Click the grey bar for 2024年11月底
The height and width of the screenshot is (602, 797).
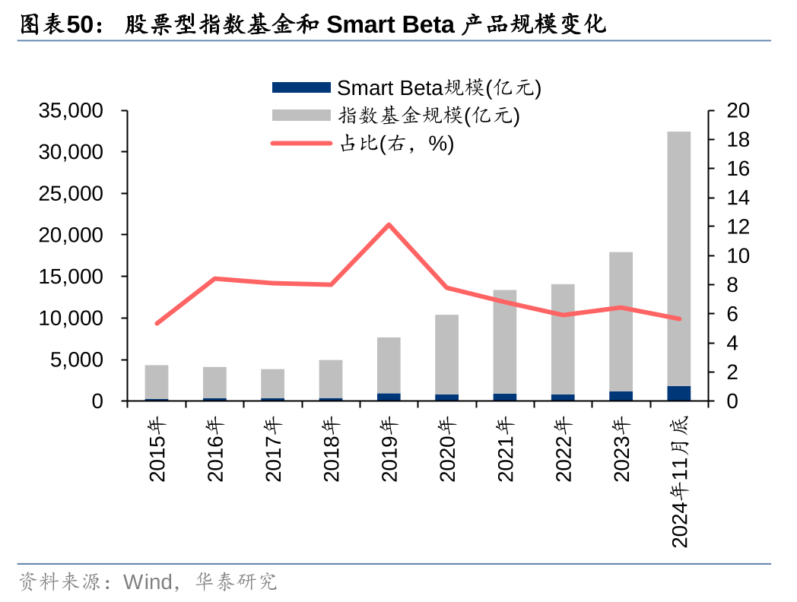tap(679, 258)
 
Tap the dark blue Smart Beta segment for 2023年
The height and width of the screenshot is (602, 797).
tap(621, 396)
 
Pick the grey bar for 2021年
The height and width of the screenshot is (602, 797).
tap(505, 342)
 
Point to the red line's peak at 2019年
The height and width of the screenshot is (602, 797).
tap(389, 224)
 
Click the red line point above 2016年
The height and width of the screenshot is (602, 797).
tap(215, 278)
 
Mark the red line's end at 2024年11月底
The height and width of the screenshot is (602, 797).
tap(679, 318)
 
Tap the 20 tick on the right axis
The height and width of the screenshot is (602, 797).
tap(738, 111)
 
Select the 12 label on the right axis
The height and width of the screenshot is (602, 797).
tap(738, 227)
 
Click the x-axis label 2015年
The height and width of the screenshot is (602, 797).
tap(157, 448)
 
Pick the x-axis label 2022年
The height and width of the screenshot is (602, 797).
tap(564, 448)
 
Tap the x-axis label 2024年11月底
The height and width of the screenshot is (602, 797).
tap(679, 480)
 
